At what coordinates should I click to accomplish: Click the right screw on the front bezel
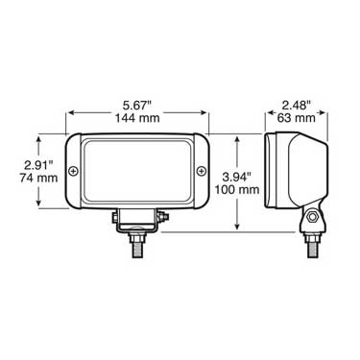point(200,171)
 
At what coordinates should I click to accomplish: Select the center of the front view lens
point(138,171)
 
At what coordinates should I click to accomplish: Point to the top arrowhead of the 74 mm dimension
point(38,135)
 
